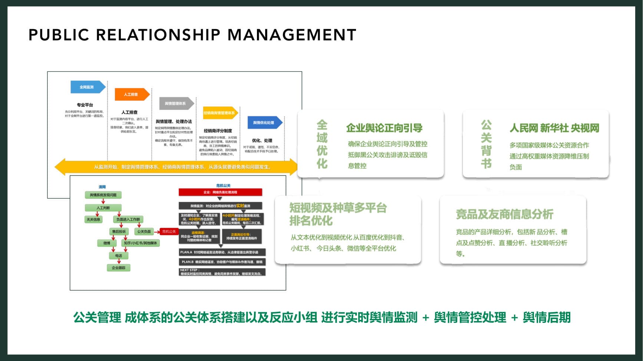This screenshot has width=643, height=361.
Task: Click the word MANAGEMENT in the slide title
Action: click(x=291, y=35)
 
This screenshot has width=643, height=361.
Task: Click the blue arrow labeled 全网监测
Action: click(x=88, y=87)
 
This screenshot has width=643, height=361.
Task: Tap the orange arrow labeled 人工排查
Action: click(x=132, y=94)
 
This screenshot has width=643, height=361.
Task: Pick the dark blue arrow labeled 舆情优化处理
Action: click(x=264, y=123)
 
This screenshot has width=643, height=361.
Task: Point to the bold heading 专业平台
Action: click(x=85, y=105)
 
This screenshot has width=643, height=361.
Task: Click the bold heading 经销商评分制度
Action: click(x=218, y=131)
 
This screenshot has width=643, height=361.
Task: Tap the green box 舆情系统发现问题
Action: click(x=103, y=195)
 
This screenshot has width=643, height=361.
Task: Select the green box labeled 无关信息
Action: click(x=93, y=220)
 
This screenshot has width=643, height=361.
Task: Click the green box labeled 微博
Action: click(x=107, y=243)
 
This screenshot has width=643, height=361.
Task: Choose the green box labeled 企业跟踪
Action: click(x=119, y=267)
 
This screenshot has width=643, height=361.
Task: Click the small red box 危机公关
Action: click(x=169, y=231)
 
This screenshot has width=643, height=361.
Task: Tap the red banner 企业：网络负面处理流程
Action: click(x=220, y=192)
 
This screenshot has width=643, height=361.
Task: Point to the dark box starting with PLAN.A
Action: click(x=222, y=252)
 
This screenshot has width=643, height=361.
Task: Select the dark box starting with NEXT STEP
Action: click(x=222, y=272)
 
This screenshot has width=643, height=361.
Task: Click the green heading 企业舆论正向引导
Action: click(x=384, y=128)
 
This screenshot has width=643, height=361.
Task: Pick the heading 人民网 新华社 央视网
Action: click(x=554, y=128)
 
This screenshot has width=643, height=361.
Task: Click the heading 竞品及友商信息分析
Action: click(x=504, y=214)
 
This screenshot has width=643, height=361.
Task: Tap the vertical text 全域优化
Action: click(x=322, y=144)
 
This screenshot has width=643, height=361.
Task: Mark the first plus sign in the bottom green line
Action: click(x=426, y=318)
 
